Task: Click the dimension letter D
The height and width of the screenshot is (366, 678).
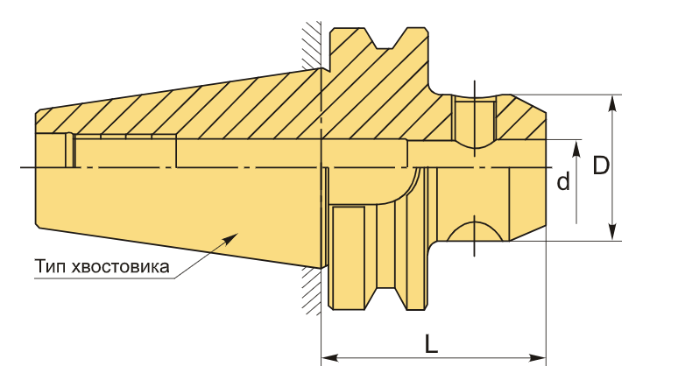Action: [601, 165]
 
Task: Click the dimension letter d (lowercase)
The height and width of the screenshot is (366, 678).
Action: [563, 181]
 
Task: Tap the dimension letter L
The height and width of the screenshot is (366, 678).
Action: [431, 344]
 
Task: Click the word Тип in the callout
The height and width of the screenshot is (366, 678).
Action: [52, 266]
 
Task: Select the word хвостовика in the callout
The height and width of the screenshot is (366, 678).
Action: [121, 267]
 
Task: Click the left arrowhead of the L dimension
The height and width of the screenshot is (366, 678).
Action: [329, 358]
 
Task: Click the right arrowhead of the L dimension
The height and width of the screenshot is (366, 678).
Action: [538, 358]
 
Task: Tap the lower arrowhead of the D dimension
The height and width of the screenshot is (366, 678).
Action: [611, 232]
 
